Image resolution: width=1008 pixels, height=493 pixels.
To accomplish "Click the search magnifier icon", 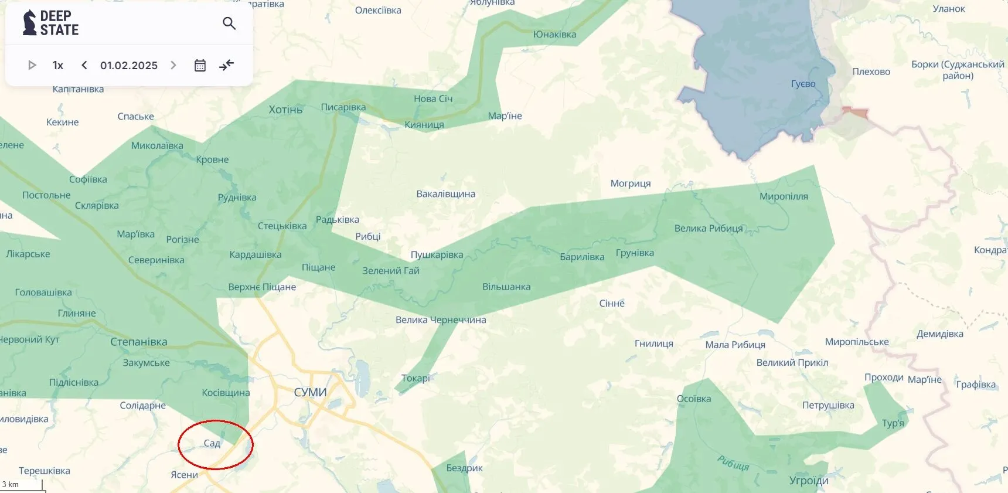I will coord(229,23).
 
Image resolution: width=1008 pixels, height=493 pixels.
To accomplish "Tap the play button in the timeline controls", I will coord(32,65).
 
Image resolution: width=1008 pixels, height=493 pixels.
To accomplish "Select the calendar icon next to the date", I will coord(200,65).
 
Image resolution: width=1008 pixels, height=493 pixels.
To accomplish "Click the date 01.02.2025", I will coord(129,65).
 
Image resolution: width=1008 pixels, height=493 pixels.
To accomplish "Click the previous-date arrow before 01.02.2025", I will coord(84,65).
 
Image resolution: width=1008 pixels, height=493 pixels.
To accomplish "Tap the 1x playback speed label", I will coord(58,65).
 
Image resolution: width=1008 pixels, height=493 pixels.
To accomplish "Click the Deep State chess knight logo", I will coord(29,23).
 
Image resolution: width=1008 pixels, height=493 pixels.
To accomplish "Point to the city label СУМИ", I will coord(310,392).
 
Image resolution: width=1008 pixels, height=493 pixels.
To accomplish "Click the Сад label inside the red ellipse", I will coord(212,443).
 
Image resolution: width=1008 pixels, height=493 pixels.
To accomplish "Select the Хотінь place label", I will coord(285,110).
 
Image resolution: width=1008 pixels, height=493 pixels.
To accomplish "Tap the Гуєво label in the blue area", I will coord(803,84).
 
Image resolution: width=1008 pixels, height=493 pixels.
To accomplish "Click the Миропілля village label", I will coord(784,196).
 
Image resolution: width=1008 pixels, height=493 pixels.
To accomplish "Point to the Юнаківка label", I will coord(554,35).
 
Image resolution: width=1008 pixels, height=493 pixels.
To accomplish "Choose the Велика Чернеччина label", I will coord(441,319).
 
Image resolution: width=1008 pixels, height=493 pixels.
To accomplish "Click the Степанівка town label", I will coord(139,342).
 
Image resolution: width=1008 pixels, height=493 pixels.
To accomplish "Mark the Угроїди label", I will coord(809,481).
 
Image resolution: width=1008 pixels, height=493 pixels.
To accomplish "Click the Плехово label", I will coord(871,72).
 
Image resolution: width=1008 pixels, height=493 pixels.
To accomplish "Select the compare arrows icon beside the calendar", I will coord(227,65).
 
